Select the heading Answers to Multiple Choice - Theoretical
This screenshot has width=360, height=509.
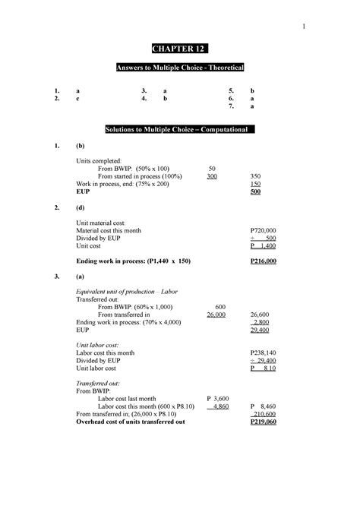[x=179, y=70]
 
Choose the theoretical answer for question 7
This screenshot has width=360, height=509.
[x=251, y=107]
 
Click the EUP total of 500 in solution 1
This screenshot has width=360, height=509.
[x=255, y=192]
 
